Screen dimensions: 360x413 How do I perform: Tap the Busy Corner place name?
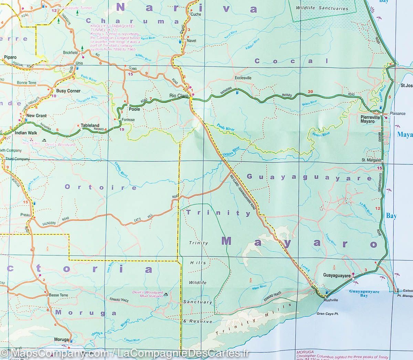click(x=68, y=91)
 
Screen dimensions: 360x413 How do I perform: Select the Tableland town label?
click(x=90, y=126)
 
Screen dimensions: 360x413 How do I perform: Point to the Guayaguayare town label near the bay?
click(x=337, y=276)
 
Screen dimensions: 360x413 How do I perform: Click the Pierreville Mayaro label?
click(x=369, y=119)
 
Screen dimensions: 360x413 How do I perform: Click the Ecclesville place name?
click(x=243, y=78)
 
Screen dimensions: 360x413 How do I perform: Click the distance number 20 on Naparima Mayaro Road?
click(x=310, y=91)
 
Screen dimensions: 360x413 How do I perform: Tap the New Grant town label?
click(x=36, y=116)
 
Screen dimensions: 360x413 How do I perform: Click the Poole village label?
click(x=134, y=109)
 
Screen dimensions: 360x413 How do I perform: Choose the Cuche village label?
click(x=195, y=14)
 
